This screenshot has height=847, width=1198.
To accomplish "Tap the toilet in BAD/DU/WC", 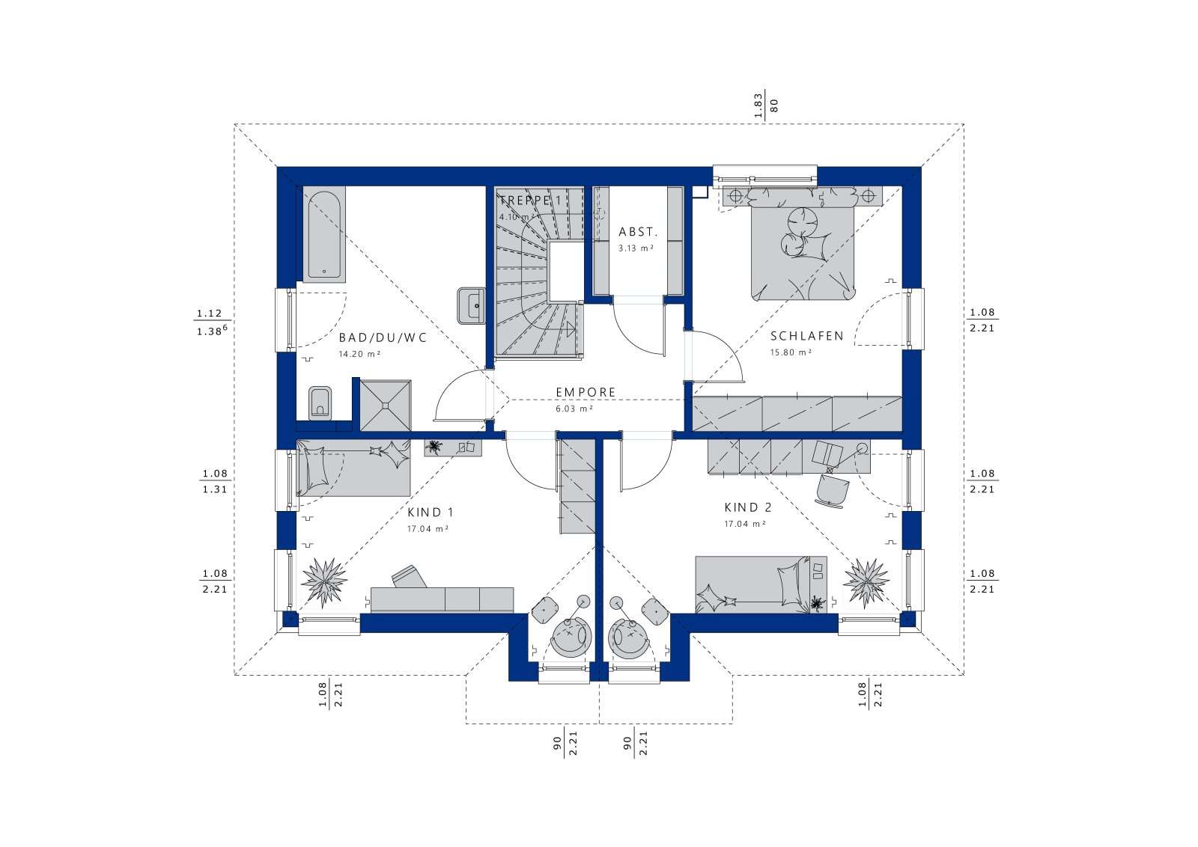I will [320, 403].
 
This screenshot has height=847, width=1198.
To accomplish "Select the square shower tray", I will [386, 405].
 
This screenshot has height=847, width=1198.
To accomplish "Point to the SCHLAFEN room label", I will [797, 336].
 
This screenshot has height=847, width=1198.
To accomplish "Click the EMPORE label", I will [586, 392].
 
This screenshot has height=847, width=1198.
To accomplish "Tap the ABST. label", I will [637, 232].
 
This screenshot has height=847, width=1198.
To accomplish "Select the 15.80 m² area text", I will [791, 352].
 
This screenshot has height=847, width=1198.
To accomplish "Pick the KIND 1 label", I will [431, 513].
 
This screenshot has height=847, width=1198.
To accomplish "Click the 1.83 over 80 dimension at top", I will [767, 105].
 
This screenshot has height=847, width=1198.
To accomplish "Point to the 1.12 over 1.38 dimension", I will [210, 322].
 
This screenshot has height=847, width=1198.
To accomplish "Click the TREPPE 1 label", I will [530, 201].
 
